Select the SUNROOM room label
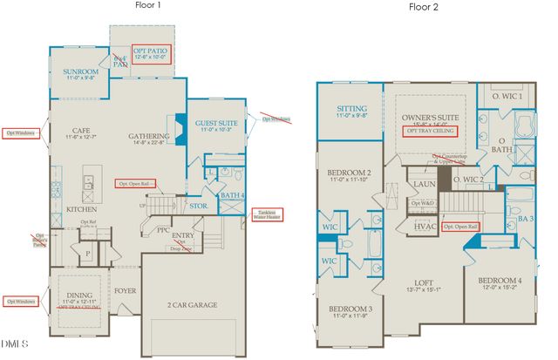click(x=80, y=72)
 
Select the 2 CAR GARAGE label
click(x=194, y=304)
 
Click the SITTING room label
click(x=351, y=110)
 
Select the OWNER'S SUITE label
click(x=429, y=116)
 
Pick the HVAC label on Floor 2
click(x=425, y=225)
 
